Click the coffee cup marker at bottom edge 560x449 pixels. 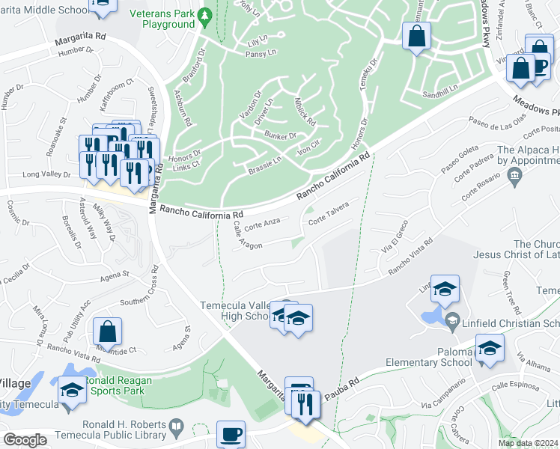coord(231,433)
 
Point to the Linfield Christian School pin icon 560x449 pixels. coord(451,323)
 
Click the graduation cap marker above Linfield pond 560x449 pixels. coord(445,289)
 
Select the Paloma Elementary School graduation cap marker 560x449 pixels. coord(490,348)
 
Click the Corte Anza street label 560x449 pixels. coord(262,222)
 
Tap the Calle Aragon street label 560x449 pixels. coord(247,236)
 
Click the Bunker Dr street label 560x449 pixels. coord(281,135)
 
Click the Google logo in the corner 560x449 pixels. coord(25,440)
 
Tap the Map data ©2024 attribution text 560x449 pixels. coord(527,443)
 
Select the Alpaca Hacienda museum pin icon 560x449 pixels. coord(514,177)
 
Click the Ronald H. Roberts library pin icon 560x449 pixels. coord(175,428)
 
